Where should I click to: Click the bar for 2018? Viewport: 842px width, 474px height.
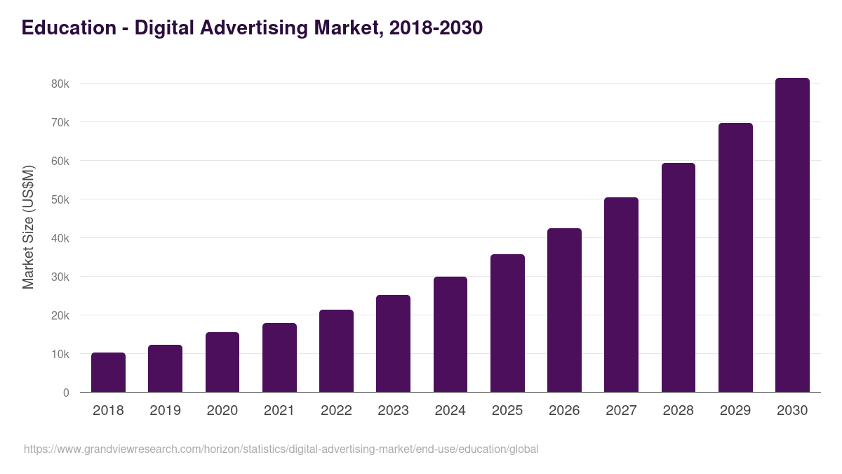pos(108,372)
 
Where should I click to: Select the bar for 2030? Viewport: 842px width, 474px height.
pos(792,235)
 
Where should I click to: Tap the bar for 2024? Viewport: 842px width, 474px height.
pos(450,334)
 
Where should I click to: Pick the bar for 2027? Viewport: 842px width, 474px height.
pos(621,295)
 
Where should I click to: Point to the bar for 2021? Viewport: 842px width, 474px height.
pos(279,357)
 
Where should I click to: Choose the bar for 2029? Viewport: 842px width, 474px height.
pos(735,258)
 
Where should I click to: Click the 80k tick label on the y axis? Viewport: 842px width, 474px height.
pos(60,84)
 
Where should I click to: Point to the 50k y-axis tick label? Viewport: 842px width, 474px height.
pos(60,199)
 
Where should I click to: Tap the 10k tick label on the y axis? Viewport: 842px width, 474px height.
pos(60,354)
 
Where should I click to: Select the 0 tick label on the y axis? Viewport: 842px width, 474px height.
pos(66,393)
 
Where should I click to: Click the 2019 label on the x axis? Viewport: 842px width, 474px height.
pos(165,411)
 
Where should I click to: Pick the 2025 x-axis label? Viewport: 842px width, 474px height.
pos(507,411)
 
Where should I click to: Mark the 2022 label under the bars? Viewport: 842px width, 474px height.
pos(336,411)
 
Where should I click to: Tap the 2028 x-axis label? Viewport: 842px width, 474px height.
pos(679,411)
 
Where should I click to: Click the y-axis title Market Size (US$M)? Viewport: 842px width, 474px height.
pos(28,227)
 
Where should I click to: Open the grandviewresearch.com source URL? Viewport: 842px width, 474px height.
pos(281,449)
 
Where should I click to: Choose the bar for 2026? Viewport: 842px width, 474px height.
pos(564,310)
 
